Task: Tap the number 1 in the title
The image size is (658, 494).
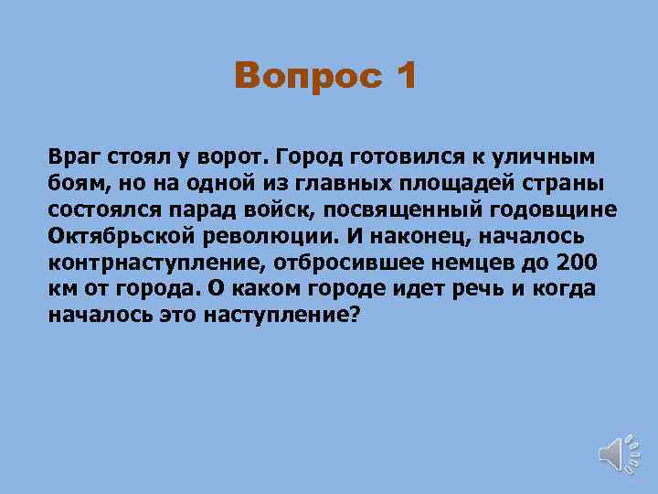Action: click(x=403, y=75)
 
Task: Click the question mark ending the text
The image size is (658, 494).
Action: click(x=356, y=315)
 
